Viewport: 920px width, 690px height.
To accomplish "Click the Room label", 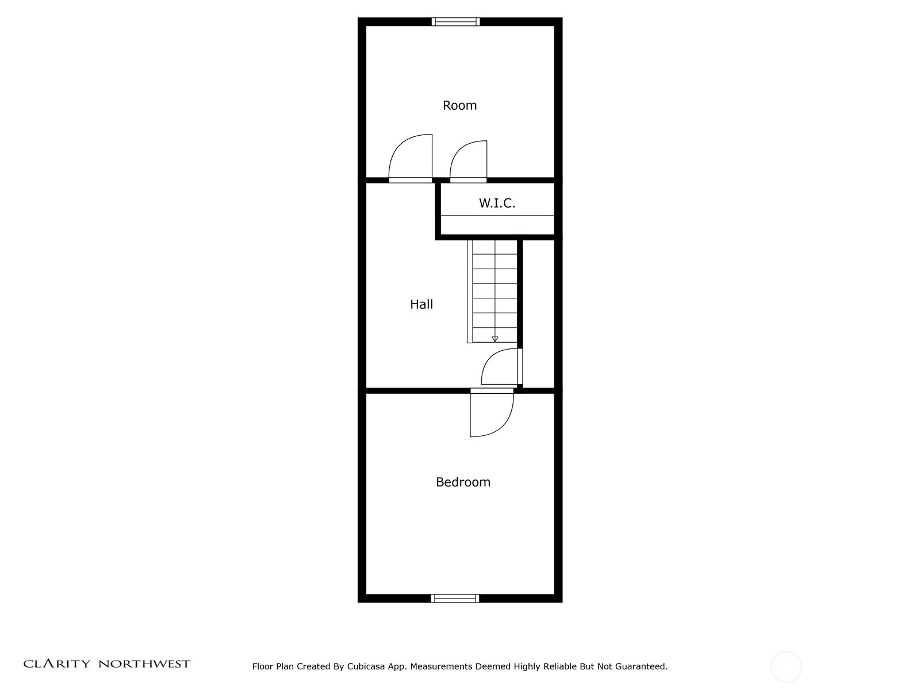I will coord(459,105).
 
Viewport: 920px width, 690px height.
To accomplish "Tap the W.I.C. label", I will coord(497,203).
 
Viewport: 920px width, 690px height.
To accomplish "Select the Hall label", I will coord(421,304).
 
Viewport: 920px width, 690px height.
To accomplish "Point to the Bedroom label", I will coord(463,482).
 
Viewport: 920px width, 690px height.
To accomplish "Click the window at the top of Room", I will coord(455,22).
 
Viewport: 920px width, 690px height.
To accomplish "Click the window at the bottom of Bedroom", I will coord(455,598).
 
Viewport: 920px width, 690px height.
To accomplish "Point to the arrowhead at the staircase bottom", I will coord(494,339).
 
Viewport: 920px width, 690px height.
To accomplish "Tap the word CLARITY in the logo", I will coord(56,664).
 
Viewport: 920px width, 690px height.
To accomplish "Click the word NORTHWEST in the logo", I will coord(144,664).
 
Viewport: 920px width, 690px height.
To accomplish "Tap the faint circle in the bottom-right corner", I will coord(786,667).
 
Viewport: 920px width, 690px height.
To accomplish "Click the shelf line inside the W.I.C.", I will coord(497,216).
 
